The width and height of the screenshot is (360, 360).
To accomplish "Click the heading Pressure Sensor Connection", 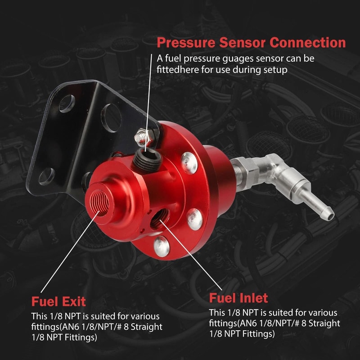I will pos(251,43).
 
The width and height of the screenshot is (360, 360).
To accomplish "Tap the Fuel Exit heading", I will pos(58,301).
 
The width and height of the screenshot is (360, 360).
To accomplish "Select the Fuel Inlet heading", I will pos(238,298).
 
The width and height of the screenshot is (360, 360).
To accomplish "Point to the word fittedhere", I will pos(178,70).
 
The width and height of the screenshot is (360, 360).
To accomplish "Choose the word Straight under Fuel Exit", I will pos(144,327).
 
